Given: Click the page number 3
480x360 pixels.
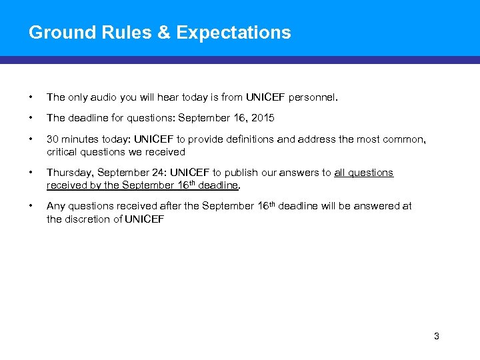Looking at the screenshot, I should pos(437,336).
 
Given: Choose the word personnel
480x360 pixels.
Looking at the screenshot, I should pos(313,97).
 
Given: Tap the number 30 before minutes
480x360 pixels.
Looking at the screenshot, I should pos(53,139).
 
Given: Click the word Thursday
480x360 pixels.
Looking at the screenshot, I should pos(69,173).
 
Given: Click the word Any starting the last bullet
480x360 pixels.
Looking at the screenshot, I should pos(55,206).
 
